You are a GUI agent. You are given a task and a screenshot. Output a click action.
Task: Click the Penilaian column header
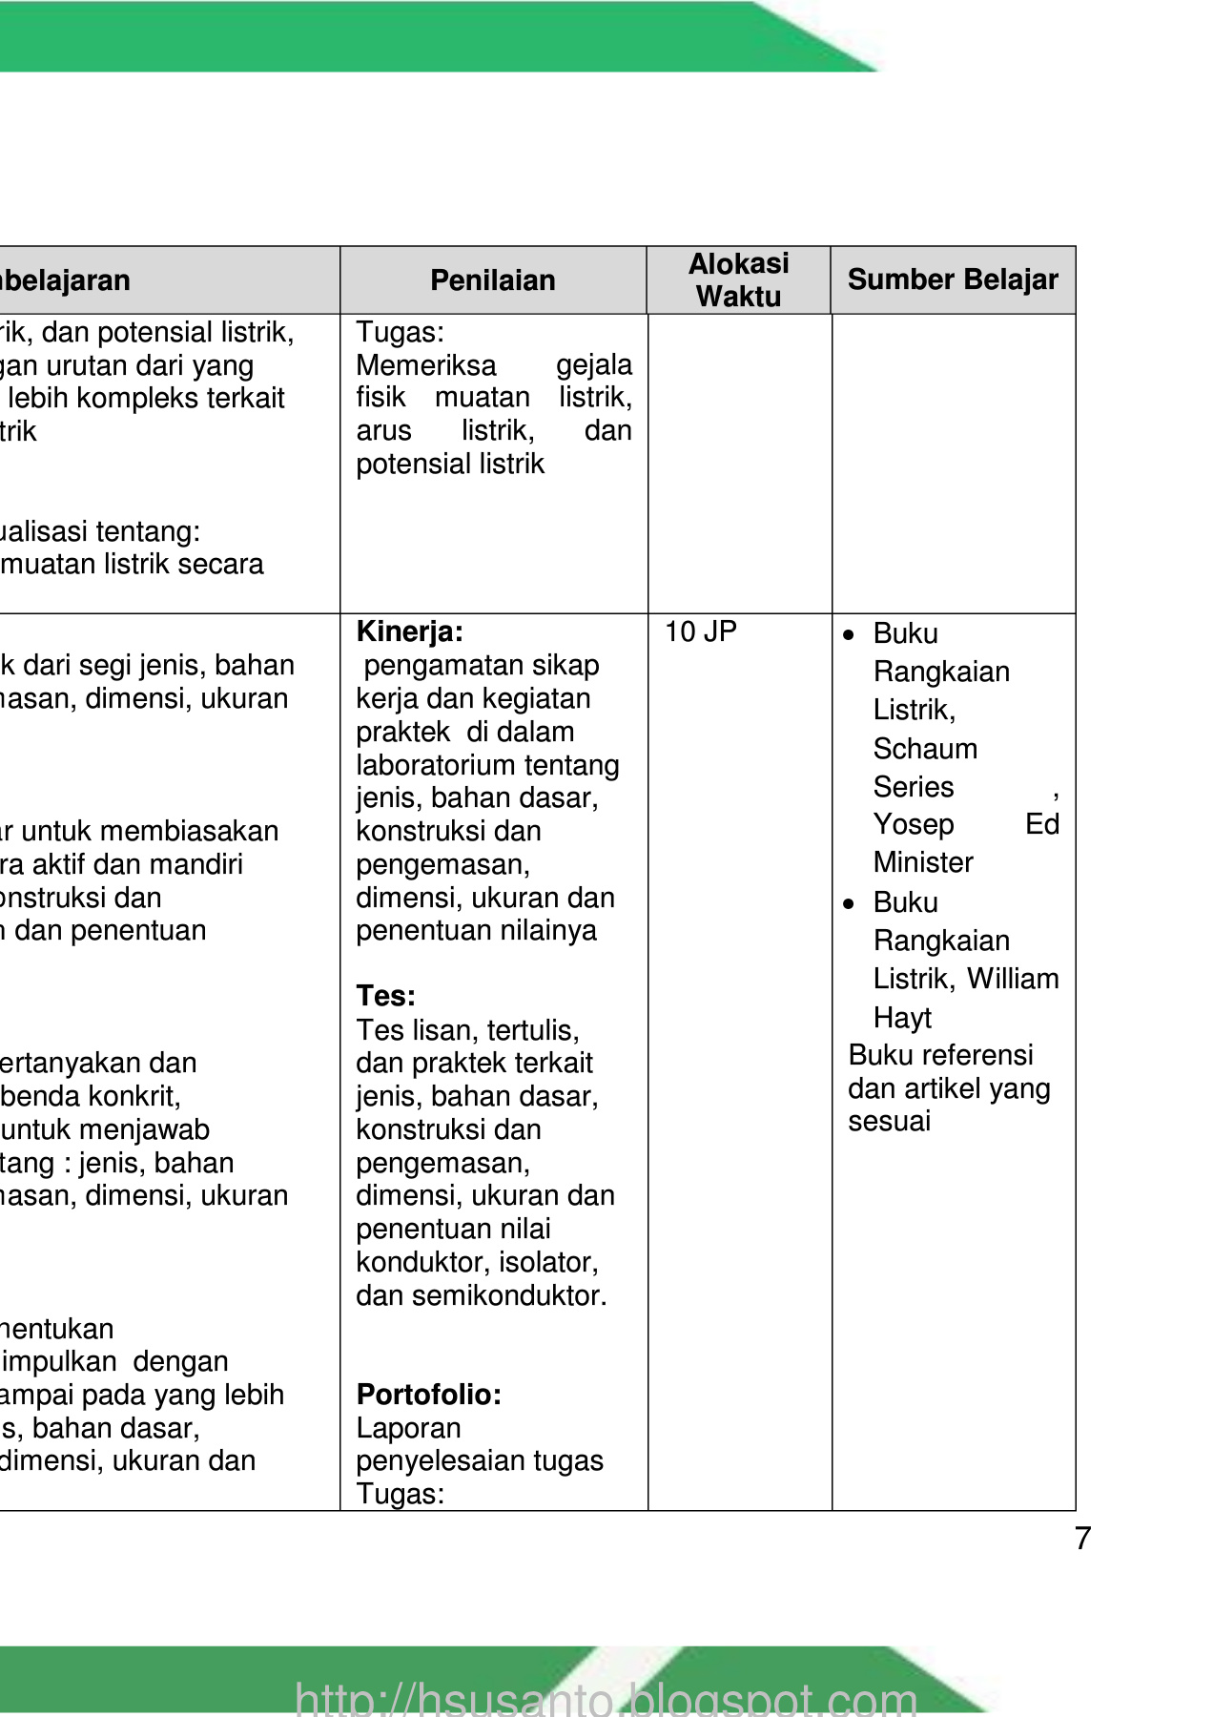tap(492, 280)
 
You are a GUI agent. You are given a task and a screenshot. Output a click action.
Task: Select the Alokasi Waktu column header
tap(738, 279)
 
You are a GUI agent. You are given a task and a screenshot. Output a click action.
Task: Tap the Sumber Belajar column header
tap(953, 279)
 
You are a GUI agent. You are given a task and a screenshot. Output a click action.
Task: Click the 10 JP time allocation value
tap(700, 631)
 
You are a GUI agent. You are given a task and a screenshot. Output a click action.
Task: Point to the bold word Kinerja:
tap(409, 631)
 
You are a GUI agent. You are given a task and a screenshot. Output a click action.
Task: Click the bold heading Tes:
tap(385, 996)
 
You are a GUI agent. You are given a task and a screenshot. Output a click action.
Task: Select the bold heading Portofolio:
tap(428, 1395)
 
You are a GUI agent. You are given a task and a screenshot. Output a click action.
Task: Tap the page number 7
tap(1082, 1539)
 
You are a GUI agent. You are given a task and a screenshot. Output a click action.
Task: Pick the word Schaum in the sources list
tap(925, 749)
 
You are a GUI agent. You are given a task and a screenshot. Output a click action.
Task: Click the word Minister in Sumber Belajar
tap(923, 862)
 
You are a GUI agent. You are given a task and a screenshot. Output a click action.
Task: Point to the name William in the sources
tap(1013, 979)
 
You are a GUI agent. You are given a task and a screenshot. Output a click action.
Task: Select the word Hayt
tap(902, 1018)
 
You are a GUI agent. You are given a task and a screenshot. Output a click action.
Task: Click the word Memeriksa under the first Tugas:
tap(426, 365)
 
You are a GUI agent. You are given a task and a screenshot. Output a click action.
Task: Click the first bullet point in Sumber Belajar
tap(849, 635)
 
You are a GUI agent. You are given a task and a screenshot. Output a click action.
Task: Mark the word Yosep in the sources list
tap(914, 824)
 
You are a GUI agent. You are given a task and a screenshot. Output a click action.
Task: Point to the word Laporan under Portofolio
tap(408, 1428)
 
